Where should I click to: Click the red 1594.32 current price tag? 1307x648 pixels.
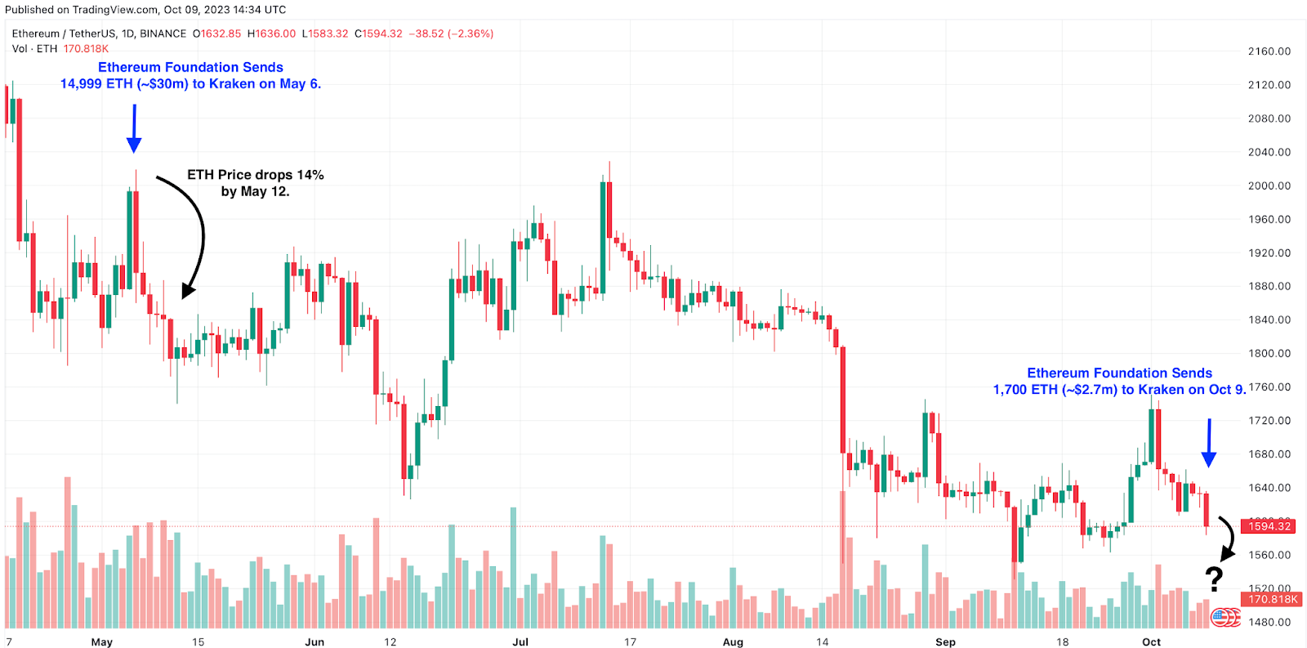coord(1269,526)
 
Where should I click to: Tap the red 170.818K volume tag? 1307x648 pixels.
coord(1273,599)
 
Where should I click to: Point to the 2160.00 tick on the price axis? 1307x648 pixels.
coord(1269,51)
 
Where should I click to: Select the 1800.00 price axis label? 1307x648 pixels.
coord(1269,354)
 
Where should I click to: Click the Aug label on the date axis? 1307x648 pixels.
coord(733,641)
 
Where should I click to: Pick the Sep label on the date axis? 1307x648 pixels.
coord(945,641)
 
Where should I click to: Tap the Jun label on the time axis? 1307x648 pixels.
coord(314,641)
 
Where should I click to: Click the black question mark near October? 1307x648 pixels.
coord(1215,579)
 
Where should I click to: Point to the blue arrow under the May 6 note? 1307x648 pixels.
coord(134,128)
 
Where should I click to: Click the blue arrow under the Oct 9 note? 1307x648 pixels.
coord(1209,443)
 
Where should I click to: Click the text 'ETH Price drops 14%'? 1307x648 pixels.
coord(255,175)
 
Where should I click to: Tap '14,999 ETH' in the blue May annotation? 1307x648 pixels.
coord(96,84)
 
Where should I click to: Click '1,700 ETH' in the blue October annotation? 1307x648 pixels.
coord(1025,390)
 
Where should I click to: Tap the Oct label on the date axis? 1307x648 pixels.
coord(1151,641)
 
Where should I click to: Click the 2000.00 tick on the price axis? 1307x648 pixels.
coord(1269,185)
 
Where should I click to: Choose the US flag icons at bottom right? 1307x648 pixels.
coord(1224,617)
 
